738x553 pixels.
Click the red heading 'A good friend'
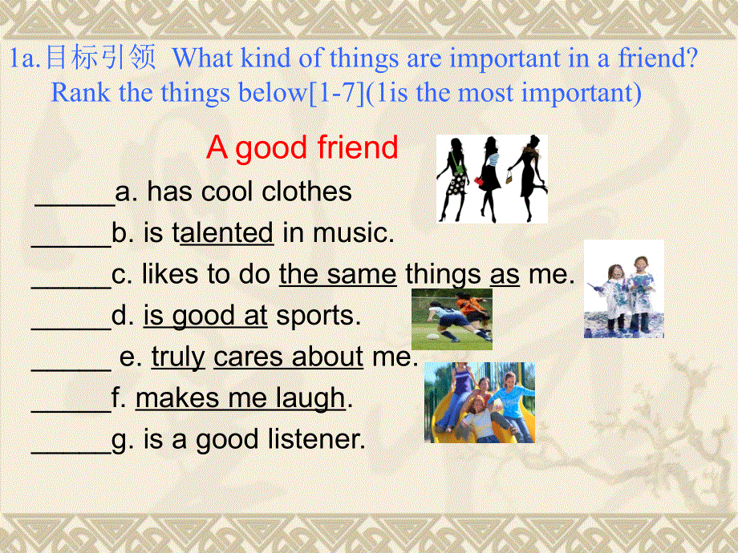302,147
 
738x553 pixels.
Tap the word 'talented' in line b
223,233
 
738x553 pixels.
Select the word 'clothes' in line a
310,192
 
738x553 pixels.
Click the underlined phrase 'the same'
337,275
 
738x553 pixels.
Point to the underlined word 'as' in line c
505,275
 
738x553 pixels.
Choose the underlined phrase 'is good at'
205,317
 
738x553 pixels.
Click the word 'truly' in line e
178,357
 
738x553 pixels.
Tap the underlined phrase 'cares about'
288,357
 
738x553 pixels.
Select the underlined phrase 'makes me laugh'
240,398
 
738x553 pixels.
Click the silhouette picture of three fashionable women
492,178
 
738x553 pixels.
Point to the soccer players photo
452,319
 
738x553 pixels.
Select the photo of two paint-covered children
623,289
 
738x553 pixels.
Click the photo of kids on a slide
479,402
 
